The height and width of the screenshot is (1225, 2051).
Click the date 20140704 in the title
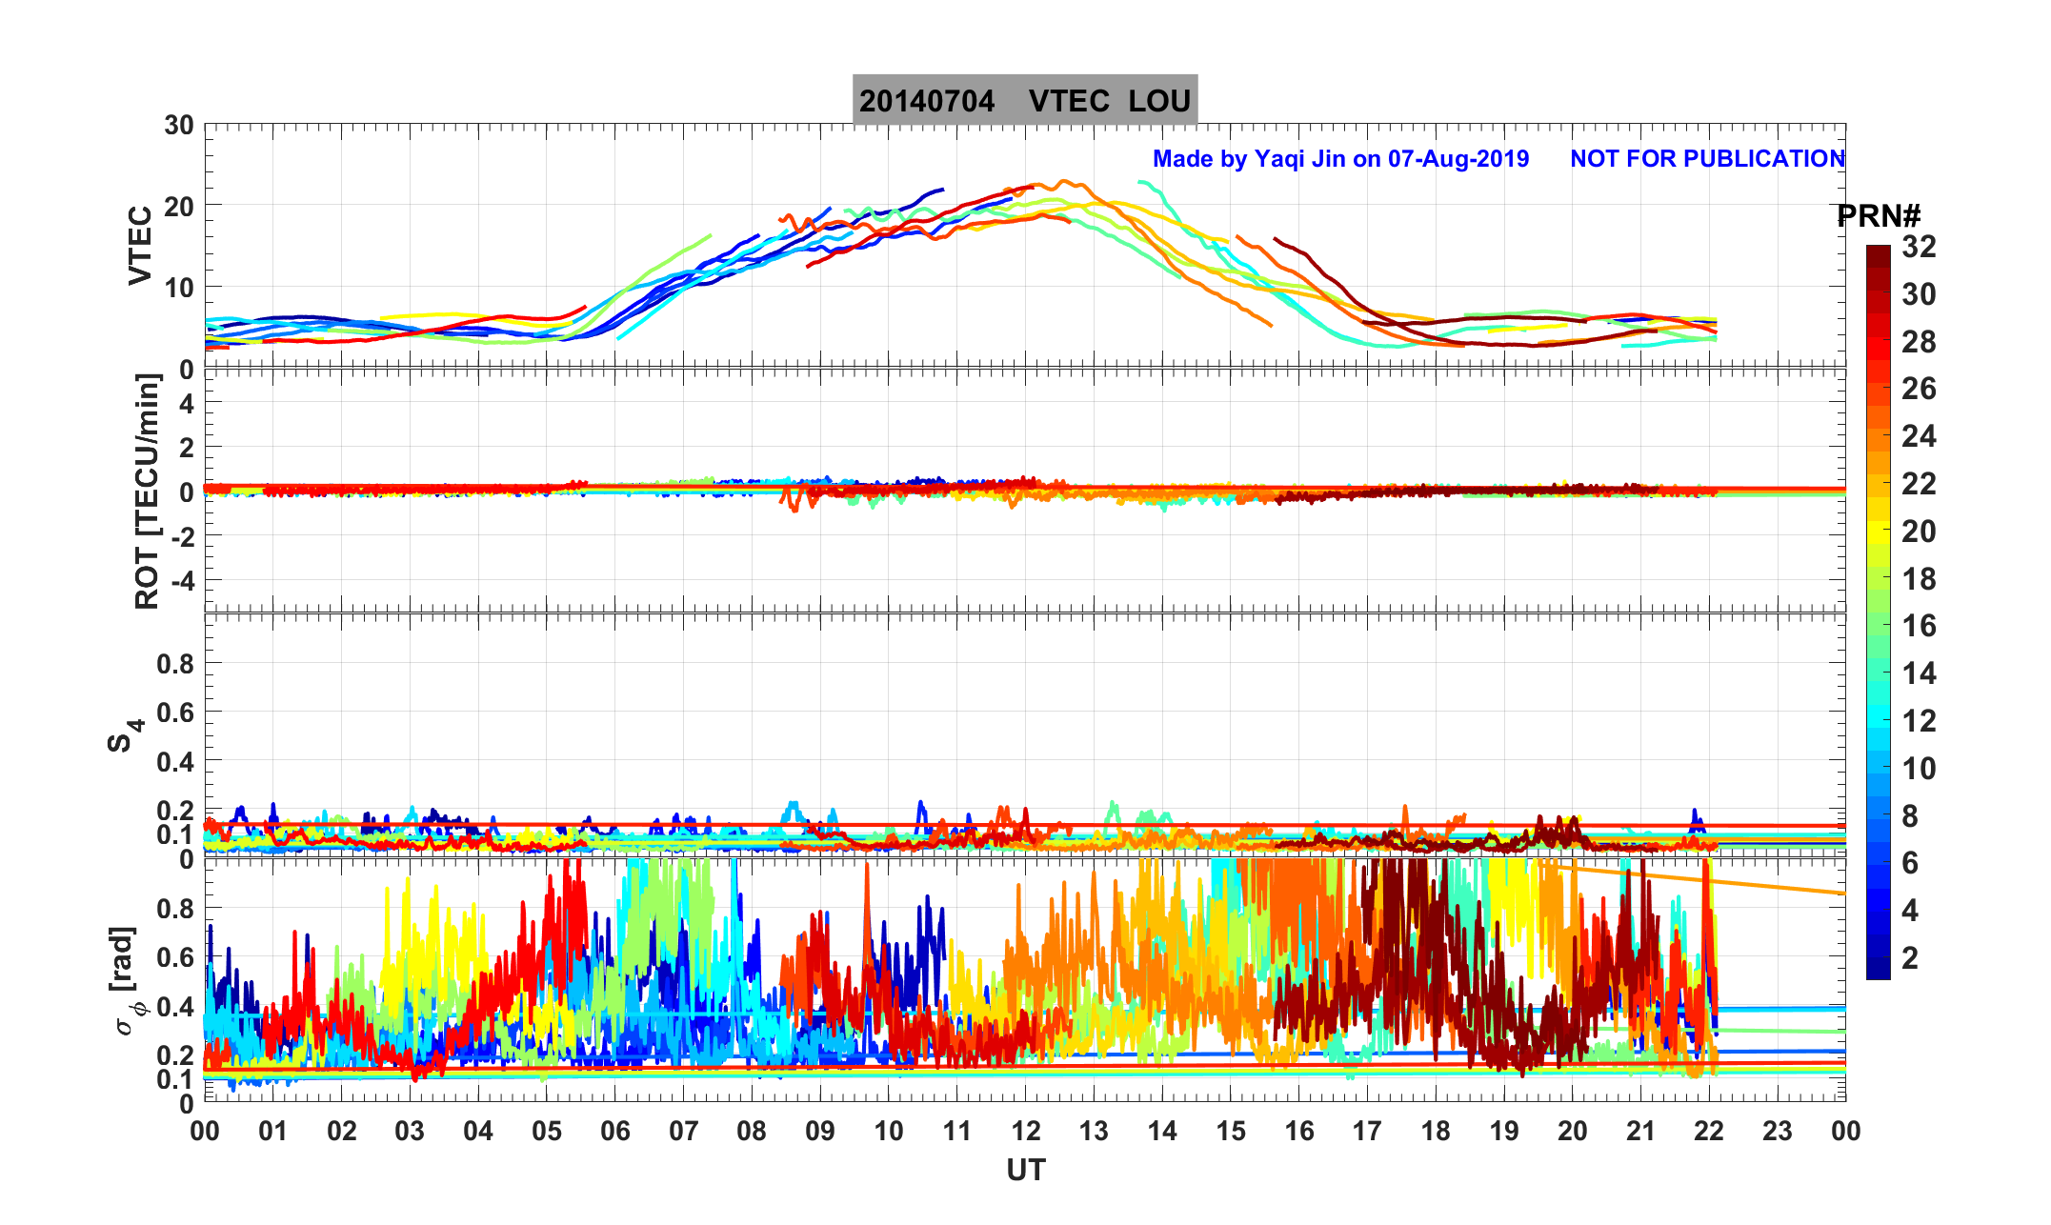pos(926,101)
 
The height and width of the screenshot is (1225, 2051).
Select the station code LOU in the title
pos(1159,101)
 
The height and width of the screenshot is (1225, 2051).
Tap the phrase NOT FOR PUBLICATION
pos(1707,159)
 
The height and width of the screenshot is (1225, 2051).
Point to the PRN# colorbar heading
pos(1878,217)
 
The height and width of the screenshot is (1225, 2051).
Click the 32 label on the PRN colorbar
pos(1919,248)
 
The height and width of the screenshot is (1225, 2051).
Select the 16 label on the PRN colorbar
pos(1919,626)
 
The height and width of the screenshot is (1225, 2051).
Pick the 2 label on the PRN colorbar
pos(1910,958)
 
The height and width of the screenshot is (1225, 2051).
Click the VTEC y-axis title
pos(141,246)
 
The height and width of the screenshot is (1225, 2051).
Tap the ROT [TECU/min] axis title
pos(148,492)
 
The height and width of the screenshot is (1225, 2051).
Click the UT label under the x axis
pos(1026,1171)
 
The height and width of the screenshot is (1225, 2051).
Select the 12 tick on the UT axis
pos(1026,1132)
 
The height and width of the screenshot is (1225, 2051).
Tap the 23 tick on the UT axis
pos(1778,1132)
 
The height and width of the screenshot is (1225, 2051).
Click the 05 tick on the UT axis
pos(547,1132)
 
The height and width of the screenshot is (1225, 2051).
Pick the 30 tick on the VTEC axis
pos(178,126)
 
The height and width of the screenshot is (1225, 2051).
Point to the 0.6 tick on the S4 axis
pos(175,713)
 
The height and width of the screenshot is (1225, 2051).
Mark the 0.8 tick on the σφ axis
pos(175,909)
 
